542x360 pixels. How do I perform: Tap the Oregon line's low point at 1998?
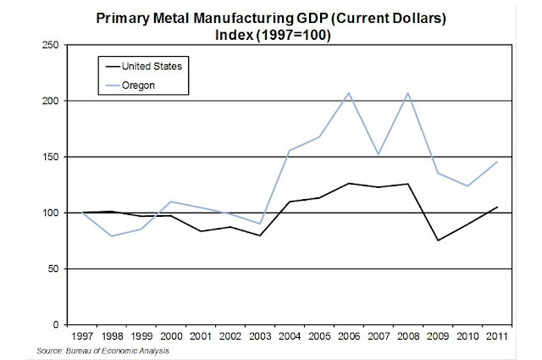click(112, 235)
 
